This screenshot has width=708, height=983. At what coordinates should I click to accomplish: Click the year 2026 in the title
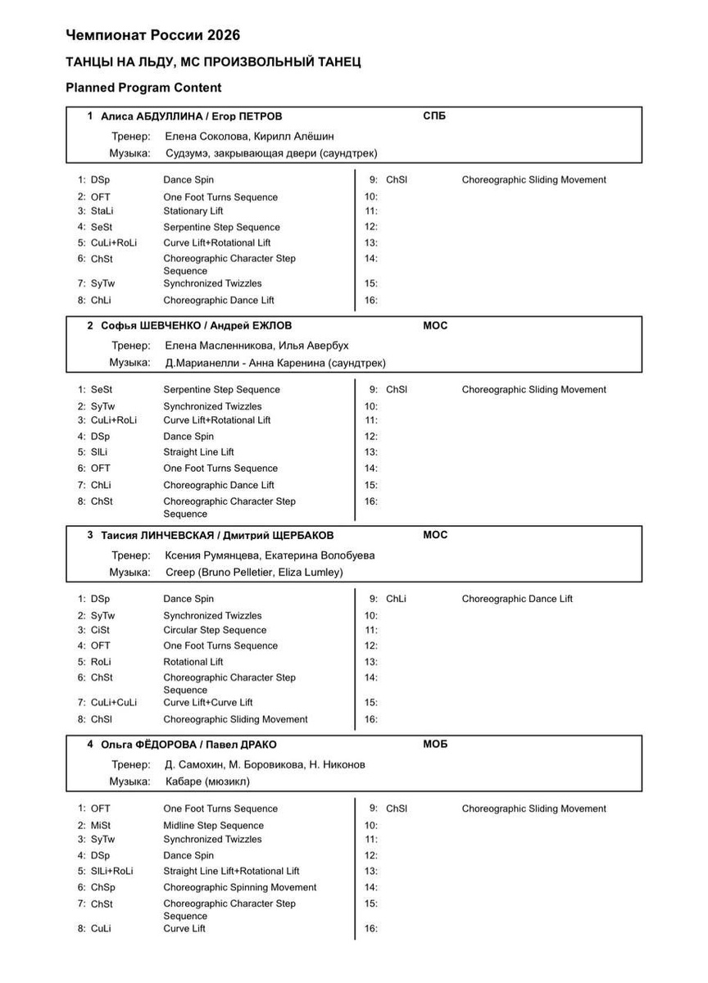pos(224,35)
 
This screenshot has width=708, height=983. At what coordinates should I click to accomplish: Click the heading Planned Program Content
pos(143,88)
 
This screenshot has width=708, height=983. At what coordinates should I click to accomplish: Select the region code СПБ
pos(434,116)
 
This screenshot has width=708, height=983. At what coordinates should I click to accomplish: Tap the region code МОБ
pos(435,745)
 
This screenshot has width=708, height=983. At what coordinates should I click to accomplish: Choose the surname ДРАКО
pos(256,745)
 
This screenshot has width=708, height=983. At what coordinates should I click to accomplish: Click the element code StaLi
pos(102,211)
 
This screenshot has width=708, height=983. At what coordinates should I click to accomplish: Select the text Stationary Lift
pos(193,211)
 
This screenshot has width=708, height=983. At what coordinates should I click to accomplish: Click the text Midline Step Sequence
pos(213,826)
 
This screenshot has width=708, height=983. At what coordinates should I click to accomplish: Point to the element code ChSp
pos(102,888)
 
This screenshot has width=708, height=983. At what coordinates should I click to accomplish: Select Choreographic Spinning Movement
pos(239,888)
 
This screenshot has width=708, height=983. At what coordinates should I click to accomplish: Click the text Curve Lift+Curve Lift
pos(207,703)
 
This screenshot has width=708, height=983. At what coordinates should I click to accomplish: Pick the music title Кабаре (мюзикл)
pos(207,782)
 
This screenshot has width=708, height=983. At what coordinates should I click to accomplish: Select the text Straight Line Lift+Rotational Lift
pos(231,872)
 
